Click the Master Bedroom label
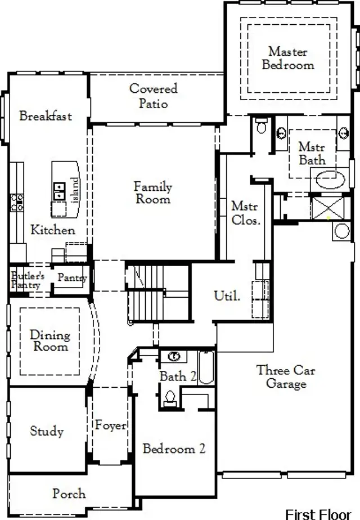(x=288, y=59)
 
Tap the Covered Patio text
(x=153, y=96)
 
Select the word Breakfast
(x=46, y=116)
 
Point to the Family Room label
(x=152, y=192)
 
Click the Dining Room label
(x=49, y=340)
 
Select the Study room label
(x=47, y=432)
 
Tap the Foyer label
(x=110, y=425)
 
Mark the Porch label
(x=69, y=494)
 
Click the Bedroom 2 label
(x=174, y=449)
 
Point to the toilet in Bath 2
(x=169, y=397)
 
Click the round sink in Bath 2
(x=174, y=356)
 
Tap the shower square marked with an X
(x=327, y=207)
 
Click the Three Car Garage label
(x=286, y=377)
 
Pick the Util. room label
(x=227, y=296)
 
